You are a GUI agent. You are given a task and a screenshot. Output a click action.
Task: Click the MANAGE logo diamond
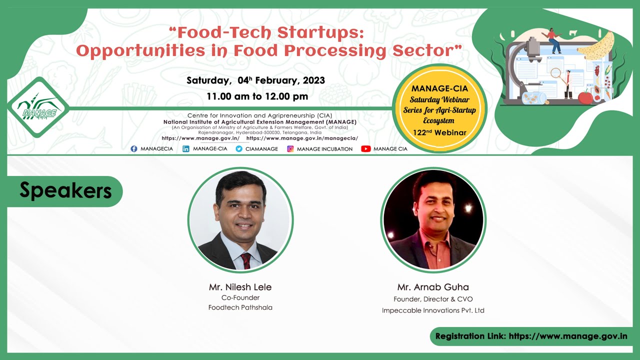click(38, 107)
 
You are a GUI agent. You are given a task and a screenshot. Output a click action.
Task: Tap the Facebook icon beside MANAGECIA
click(134, 148)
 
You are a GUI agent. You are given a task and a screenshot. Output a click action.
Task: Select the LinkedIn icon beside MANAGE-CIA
click(186, 148)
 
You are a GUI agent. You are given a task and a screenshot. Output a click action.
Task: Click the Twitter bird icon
click(239, 148)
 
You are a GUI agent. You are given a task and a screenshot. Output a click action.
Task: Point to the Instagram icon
click(290, 148)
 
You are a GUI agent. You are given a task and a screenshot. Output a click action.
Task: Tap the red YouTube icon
click(365, 148)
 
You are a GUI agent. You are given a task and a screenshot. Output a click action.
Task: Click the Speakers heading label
click(65, 190)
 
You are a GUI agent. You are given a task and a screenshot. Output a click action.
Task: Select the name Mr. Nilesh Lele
click(240, 287)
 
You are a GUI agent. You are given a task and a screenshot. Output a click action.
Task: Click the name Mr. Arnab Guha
click(433, 287)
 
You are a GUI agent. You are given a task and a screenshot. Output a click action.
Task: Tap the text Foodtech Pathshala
click(240, 307)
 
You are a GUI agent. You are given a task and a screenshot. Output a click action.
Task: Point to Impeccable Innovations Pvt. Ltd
click(433, 310)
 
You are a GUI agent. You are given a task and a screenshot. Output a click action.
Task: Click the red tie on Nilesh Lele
click(246, 260)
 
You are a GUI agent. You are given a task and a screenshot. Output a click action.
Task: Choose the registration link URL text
click(567, 336)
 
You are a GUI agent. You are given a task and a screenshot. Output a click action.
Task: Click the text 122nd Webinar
click(439, 132)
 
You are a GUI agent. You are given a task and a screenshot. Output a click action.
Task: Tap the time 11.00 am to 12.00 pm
click(257, 96)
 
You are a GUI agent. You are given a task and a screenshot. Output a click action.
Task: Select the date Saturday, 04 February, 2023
click(255, 80)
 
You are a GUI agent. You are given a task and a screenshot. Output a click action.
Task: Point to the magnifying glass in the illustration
click(556, 73)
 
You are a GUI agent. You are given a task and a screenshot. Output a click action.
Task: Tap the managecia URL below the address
click(302, 138)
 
